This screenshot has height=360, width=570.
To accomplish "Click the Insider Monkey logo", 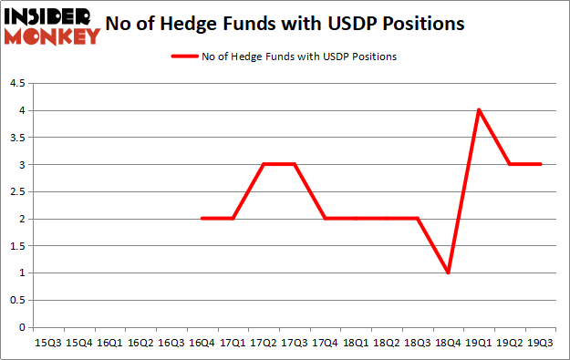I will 51,26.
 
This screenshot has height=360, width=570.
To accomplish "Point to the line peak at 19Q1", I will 479,110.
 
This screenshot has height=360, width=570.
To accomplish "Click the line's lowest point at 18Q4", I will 448,273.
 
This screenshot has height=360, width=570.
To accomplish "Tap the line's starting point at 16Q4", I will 202,219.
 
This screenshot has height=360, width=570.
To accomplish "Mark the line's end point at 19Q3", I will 541,165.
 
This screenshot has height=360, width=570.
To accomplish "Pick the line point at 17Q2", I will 264,165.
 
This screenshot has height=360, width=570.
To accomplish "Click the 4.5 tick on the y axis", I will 17,84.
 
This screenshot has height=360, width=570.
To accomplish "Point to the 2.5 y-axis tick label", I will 17,192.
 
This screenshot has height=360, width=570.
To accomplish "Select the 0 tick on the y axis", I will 22,327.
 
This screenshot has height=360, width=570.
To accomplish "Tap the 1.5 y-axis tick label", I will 17,246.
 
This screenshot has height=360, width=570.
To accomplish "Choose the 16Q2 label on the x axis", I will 140,343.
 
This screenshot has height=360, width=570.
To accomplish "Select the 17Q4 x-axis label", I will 325,343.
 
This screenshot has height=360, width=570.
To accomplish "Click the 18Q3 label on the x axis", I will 417,343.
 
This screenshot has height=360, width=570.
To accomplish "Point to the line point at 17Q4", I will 325,219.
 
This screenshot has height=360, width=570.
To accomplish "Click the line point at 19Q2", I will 510,165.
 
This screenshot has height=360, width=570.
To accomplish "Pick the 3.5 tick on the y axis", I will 17,138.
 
